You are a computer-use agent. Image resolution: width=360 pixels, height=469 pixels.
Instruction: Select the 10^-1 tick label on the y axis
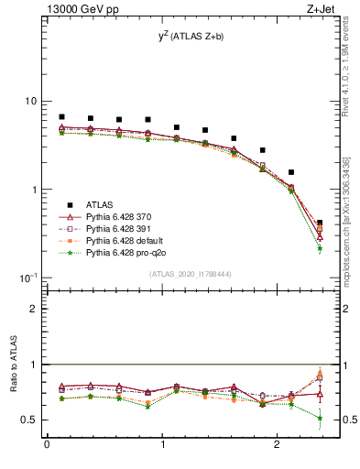pyautogui.click(x=28, y=277)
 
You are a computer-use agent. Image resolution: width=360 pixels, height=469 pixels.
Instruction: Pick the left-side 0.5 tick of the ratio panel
pyautogui.click(x=32, y=420)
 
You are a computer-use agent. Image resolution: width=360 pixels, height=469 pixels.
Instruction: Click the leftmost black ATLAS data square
pyautogui.click(x=61, y=117)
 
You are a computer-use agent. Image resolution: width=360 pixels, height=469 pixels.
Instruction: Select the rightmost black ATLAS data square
pyautogui.click(x=319, y=223)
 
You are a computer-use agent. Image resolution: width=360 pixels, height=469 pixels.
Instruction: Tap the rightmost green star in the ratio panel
pyautogui.click(x=319, y=418)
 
